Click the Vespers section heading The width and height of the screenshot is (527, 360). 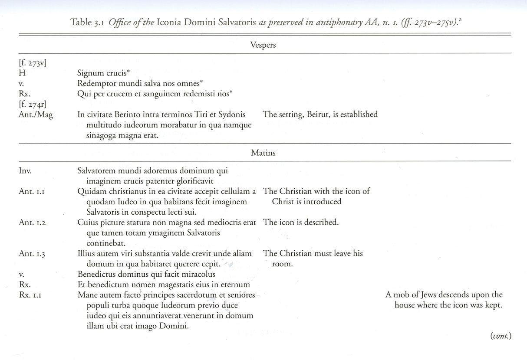pos(263,45)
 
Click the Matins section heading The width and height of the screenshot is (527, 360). pos(263,153)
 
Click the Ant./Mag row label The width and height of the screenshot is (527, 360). pos(36,115)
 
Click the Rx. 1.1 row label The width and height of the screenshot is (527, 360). pos(33,295)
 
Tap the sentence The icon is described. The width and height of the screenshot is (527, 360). pos(301,223)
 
